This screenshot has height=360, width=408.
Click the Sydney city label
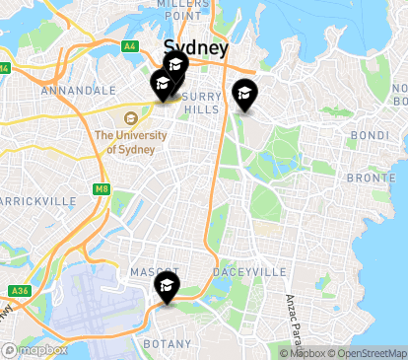[196, 47]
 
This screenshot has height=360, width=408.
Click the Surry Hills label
[201, 103]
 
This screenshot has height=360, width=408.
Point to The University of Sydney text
[126, 142]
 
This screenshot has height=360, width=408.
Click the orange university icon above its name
[131, 118]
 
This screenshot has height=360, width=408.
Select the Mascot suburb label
[153, 271]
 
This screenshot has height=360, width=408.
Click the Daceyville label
[254, 271]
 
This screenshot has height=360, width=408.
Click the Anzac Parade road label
[292, 316]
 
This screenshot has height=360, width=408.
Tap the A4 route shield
[130, 45]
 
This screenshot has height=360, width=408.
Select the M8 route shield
[102, 188]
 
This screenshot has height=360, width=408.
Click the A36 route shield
[19, 290]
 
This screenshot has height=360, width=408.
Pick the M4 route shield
[4, 68]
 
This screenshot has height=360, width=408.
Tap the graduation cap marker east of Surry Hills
[243, 95]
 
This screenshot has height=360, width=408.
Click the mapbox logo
[35, 349]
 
